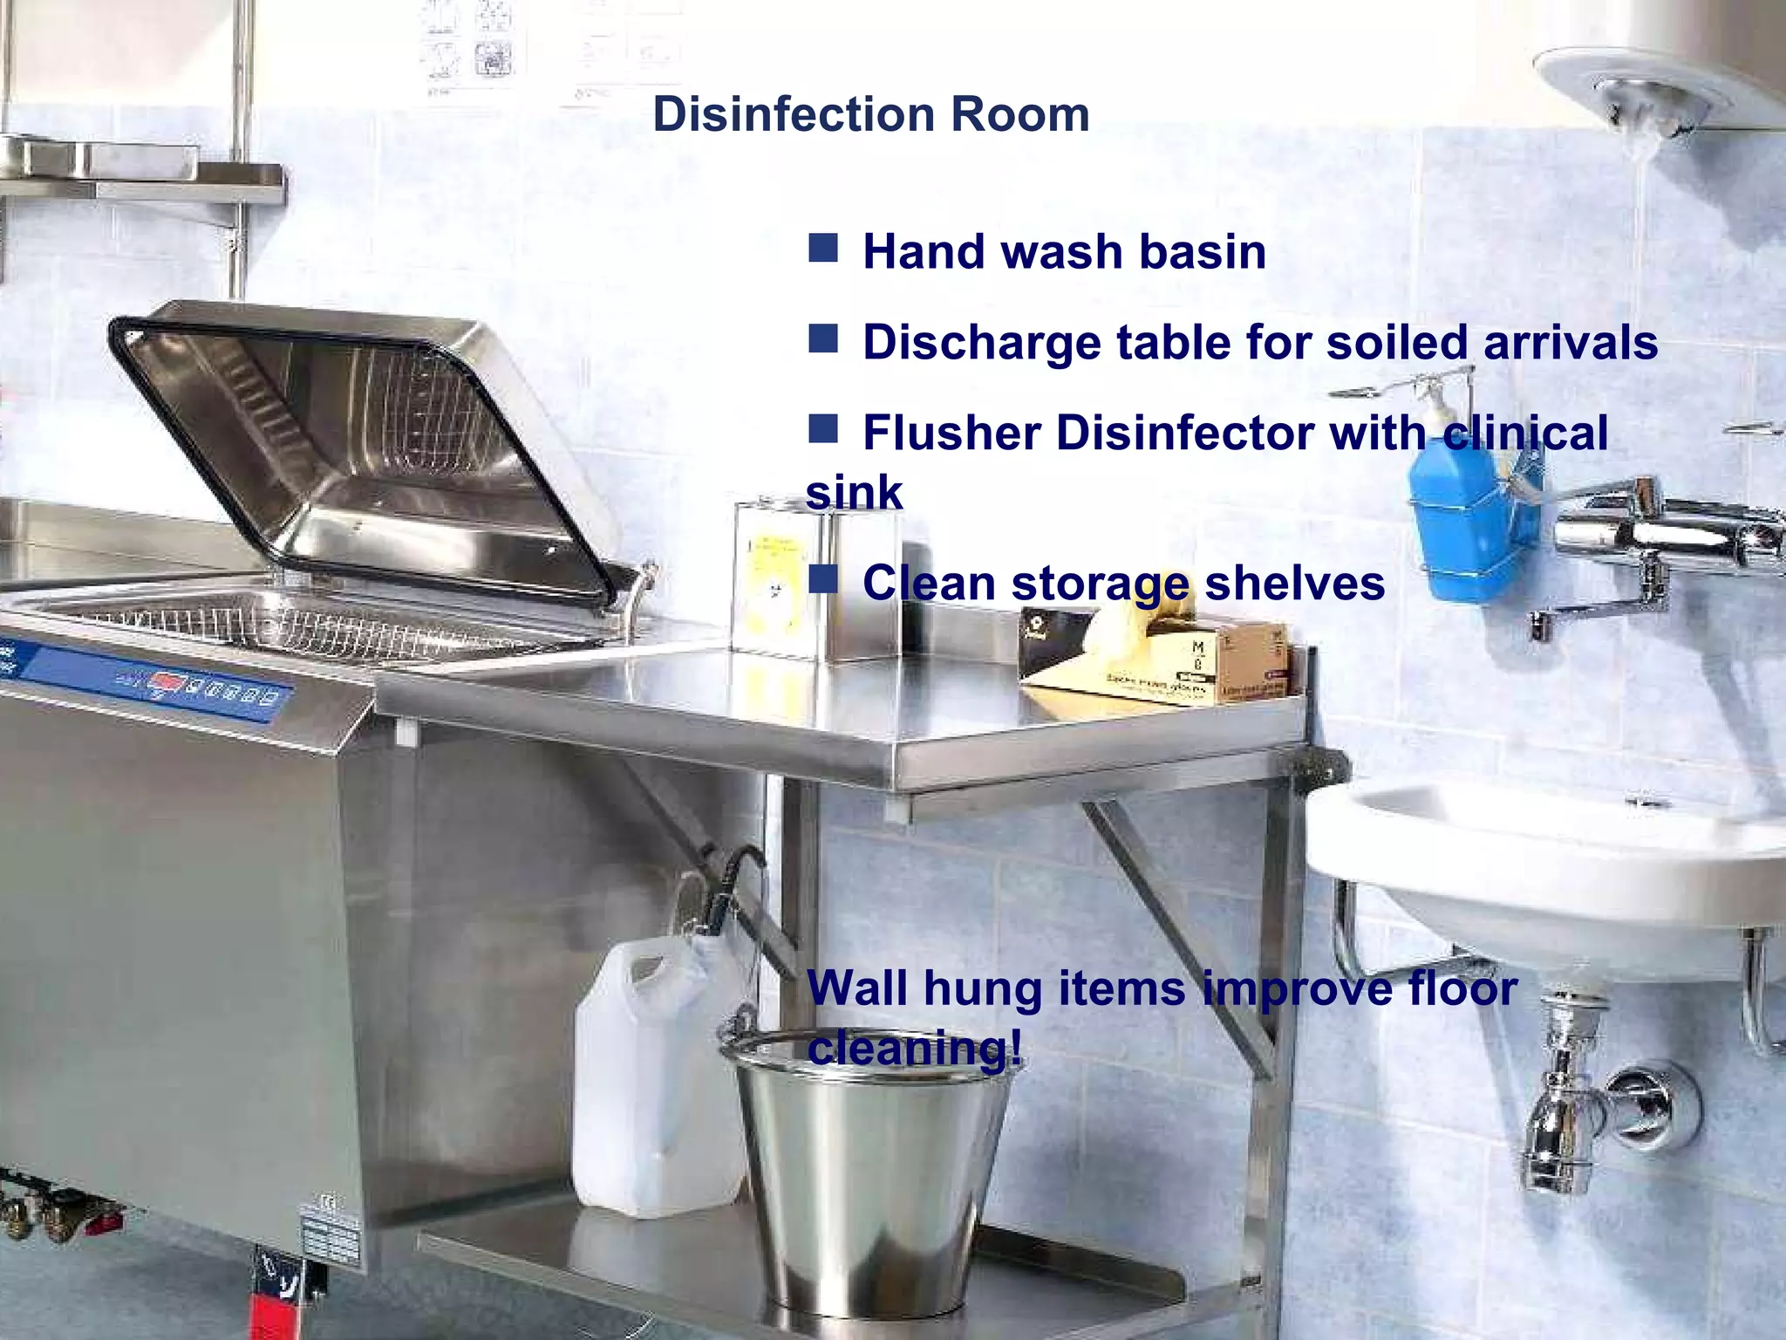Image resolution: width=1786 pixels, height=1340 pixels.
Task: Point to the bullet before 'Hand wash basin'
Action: (822, 248)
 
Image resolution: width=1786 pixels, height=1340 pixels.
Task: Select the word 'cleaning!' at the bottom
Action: (914, 1047)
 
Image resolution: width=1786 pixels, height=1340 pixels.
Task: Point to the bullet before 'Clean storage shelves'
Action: (822, 578)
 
